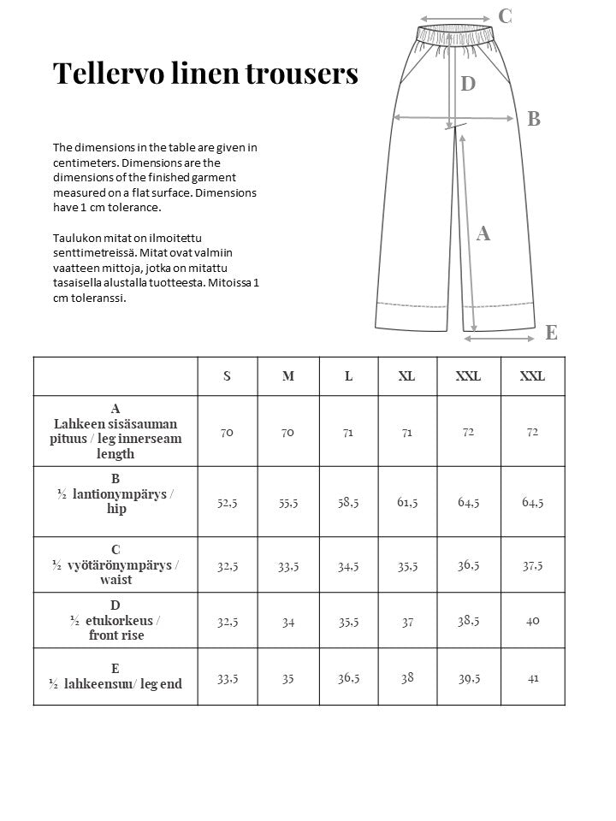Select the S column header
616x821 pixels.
coord(227,376)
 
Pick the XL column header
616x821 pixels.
coord(406,376)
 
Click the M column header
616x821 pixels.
coord(287,376)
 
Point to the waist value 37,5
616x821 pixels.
coord(532,565)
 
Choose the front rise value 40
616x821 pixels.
coord(532,621)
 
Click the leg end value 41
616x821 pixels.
coord(532,678)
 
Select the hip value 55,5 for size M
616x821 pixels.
coord(287,502)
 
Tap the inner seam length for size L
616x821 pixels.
coord(348,433)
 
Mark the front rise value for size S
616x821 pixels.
coord(227,621)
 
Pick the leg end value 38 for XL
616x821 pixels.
coord(407,677)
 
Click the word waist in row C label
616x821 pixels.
coord(116,580)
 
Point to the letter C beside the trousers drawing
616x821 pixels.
coord(505,15)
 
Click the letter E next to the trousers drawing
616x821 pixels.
coord(551,333)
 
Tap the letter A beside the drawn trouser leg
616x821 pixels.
coord(483,233)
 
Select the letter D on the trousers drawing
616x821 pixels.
coord(468,84)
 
